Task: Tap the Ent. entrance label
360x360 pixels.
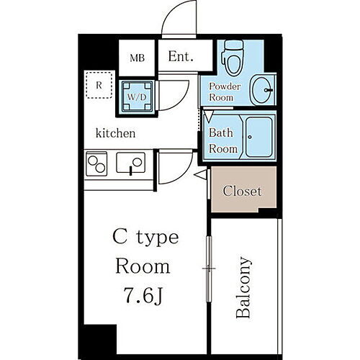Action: click(x=180, y=57)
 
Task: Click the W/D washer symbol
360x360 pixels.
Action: click(x=138, y=97)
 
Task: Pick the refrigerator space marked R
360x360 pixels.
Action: click(x=99, y=86)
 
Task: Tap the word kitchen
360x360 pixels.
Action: click(x=116, y=133)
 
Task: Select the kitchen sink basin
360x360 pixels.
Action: click(x=131, y=163)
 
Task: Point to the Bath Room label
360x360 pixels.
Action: click(x=222, y=141)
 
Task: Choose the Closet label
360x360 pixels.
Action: click(x=242, y=192)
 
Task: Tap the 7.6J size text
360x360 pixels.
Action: click(x=144, y=295)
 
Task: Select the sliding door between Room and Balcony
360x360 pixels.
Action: click(x=209, y=269)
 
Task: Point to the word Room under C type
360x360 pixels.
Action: click(x=143, y=266)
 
